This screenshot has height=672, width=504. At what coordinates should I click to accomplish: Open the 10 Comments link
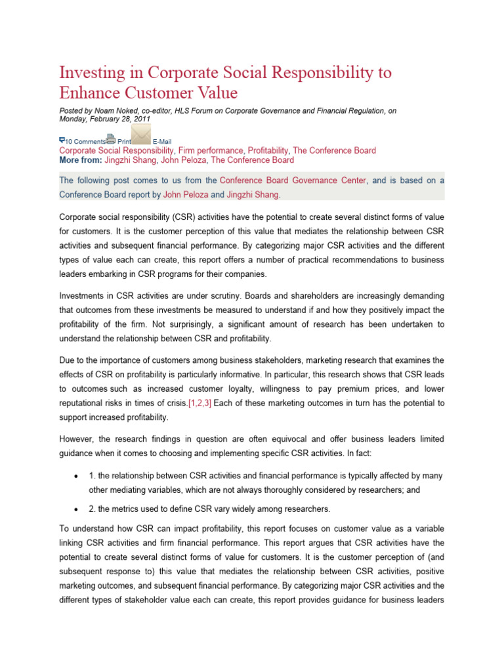(85, 141)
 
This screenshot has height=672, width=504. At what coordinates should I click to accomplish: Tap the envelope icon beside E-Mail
(141, 134)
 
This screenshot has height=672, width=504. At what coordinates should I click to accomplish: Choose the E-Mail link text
(162, 141)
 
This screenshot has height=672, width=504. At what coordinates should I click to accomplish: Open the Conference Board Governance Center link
(293, 180)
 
